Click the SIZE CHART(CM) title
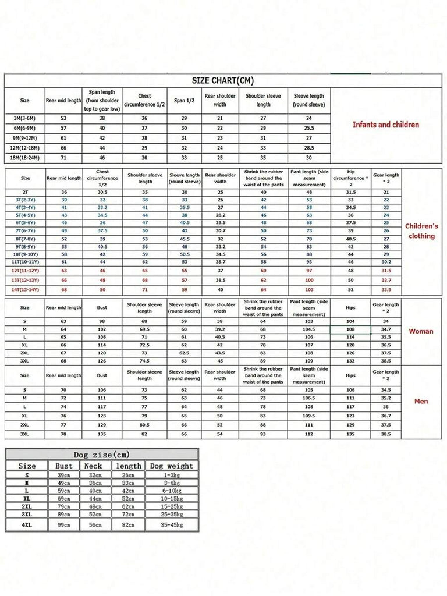(x=223, y=81)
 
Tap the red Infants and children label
(x=385, y=125)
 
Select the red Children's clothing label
(x=421, y=231)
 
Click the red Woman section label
(x=421, y=331)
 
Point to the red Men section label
(x=421, y=401)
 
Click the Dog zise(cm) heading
(x=102, y=455)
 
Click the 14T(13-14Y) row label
(x=25, y=289)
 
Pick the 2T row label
(x=25, y=192)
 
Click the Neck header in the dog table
(x=93, y=466)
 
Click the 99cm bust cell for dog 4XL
(x=64, y=525)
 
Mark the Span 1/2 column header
(x=184, y=100)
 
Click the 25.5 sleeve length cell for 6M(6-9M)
(x=309, y=128)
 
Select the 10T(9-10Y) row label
(x=25, y=254)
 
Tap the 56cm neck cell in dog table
(x=93, y=525)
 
